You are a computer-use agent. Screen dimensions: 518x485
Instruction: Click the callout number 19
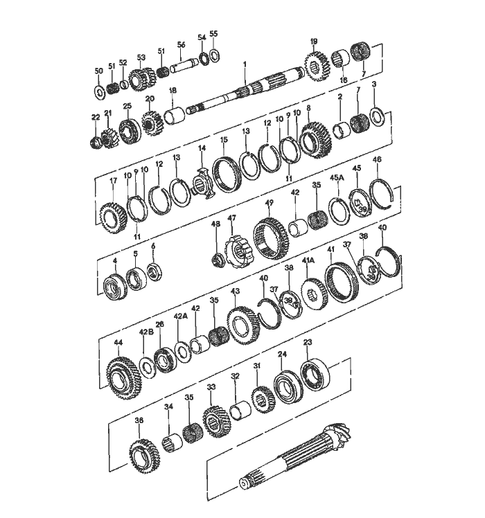(x=313, y=42)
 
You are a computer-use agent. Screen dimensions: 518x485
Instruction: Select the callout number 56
(x=182, y=44)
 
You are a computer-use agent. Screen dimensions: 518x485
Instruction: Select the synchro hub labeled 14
(x=203, y=182)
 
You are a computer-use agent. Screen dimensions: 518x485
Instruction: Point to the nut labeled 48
(x=216, y=260)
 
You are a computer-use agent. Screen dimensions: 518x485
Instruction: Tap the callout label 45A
(x=337, y=177)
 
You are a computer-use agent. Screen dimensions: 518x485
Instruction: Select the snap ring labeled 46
(x=381, y=190)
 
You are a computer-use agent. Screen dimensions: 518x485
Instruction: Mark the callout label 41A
(x=308, y=260)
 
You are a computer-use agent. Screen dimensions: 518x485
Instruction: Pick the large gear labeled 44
(x=123, y=376)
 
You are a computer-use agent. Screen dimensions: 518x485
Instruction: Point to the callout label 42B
(x=145, y=332)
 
